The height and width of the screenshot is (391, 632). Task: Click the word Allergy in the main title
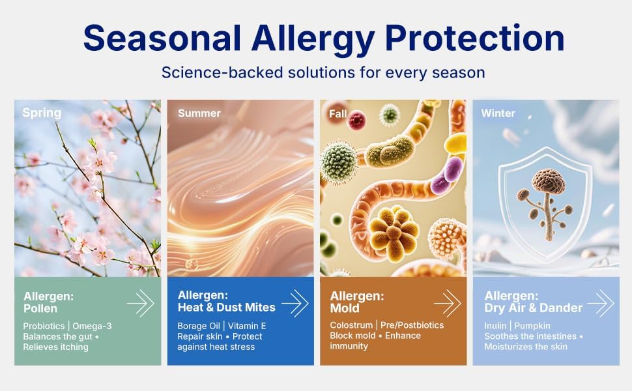(314, 39)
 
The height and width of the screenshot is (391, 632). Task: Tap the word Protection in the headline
(475, 38)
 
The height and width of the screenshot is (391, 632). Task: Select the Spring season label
(42, 113)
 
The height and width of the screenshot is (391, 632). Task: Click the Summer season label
(199, 113)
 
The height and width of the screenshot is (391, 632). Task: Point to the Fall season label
(338, 114)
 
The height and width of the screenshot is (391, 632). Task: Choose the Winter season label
(498, 113)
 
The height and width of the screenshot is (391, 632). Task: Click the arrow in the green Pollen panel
(141, 303)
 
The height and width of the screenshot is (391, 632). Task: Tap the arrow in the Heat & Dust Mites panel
(295, 303)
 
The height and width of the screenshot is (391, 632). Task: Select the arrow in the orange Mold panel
(448, 303)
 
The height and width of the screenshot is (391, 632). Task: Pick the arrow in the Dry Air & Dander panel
(601, 303)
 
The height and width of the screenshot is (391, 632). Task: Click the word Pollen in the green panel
(40, 309)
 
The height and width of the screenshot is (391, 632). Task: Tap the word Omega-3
(92, 326)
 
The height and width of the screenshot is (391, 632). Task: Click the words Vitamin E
(247, 326)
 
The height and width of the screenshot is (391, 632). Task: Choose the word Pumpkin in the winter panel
(532, 326)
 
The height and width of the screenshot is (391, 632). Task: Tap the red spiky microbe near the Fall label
(356, 120)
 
